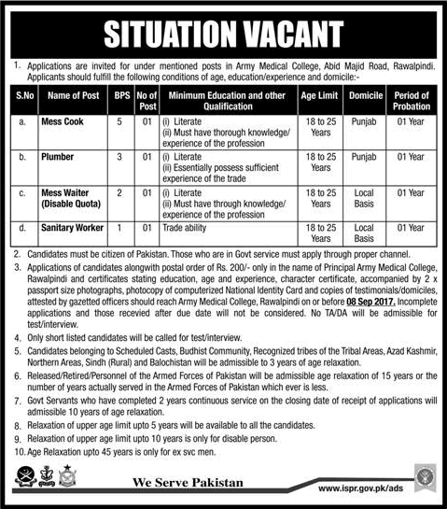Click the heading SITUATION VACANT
click(x=223, y=31)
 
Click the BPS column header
click(x=120, y=97)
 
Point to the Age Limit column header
click(x=320, y=97)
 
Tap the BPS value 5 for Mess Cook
click(x=120, y=120)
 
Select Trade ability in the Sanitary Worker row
click(x=182, y=227)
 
